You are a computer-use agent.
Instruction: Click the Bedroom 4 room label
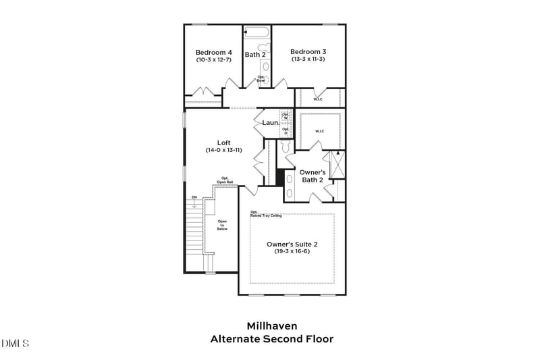point(214,52)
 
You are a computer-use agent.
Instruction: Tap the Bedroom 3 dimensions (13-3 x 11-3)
point(308,59)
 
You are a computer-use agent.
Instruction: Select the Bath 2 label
point(255,55)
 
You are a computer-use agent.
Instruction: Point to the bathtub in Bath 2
point(256,32)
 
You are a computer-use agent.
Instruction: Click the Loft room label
point(223,143)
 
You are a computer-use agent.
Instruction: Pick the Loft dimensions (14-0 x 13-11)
point(223,150)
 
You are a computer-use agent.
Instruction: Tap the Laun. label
point(271,123)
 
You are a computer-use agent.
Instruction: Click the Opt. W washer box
point(286,116)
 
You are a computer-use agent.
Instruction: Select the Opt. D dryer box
point(286,130)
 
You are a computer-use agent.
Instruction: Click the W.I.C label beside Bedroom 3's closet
point(318,99)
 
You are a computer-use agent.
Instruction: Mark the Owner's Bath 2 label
point(312,176)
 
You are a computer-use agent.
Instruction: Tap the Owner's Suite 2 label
point(292,244)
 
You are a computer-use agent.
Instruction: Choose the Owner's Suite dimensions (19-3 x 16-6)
point(292,251)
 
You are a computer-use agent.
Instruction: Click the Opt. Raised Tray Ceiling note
point(266,214)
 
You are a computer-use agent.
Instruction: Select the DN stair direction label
point(194,197)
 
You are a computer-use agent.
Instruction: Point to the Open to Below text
point(222,226)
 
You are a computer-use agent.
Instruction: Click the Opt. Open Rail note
point(225,180)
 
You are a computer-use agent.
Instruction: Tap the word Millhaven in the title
point(271,326)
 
